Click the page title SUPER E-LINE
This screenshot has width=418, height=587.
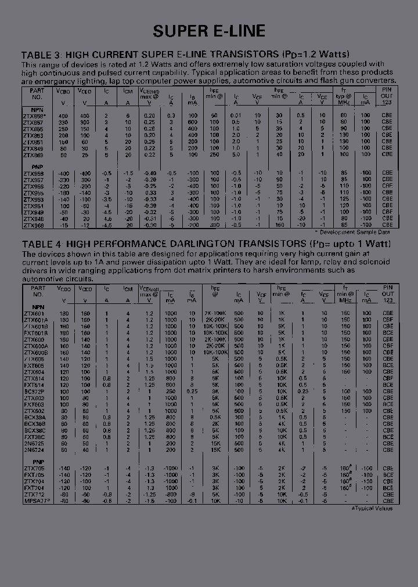209,31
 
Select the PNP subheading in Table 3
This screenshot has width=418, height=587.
30,165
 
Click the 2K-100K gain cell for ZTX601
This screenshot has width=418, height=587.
215,313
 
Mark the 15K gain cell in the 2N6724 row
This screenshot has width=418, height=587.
215,449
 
